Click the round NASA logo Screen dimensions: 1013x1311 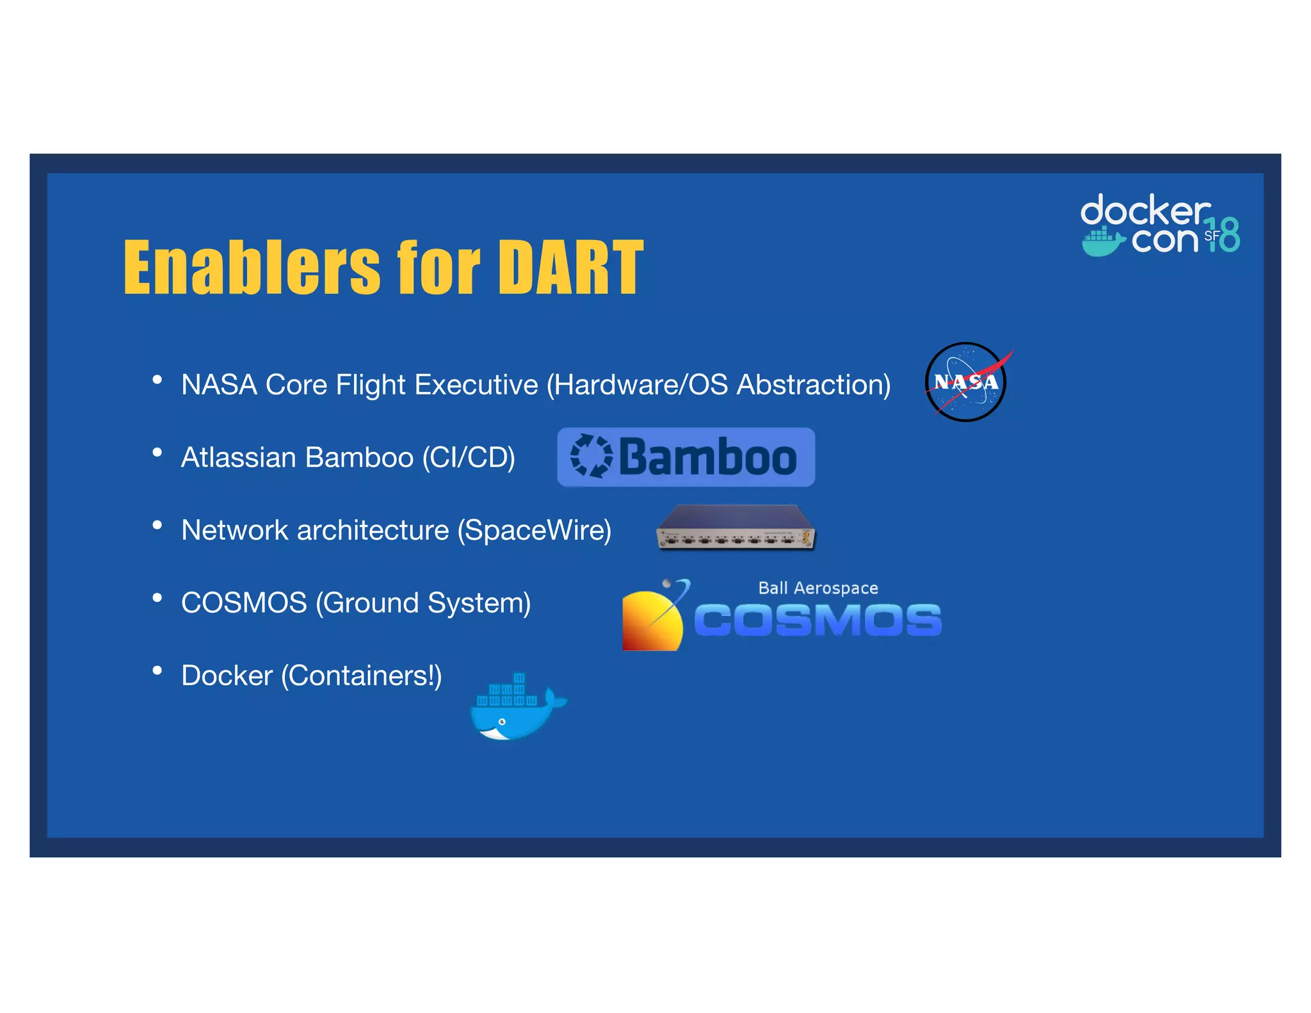click(x=965, y=382)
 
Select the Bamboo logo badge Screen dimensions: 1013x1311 click(x=686, y=457)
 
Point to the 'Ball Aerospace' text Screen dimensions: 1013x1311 click(x=817, y=588)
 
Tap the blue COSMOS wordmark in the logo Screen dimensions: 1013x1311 click(x=817, y=620)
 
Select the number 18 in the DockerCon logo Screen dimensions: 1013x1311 click(x=1224, y=235)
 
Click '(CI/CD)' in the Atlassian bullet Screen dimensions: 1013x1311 click(x=469, y=458)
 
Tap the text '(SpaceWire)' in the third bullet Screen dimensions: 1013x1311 click(x=535, y=530)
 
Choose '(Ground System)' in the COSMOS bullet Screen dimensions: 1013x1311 click(x=423, y=603)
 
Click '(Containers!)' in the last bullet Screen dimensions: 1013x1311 click(x=361, y=676)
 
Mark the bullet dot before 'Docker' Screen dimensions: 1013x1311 click(x=157, y=670)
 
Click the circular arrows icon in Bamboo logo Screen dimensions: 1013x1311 click(x=591, y=456)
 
